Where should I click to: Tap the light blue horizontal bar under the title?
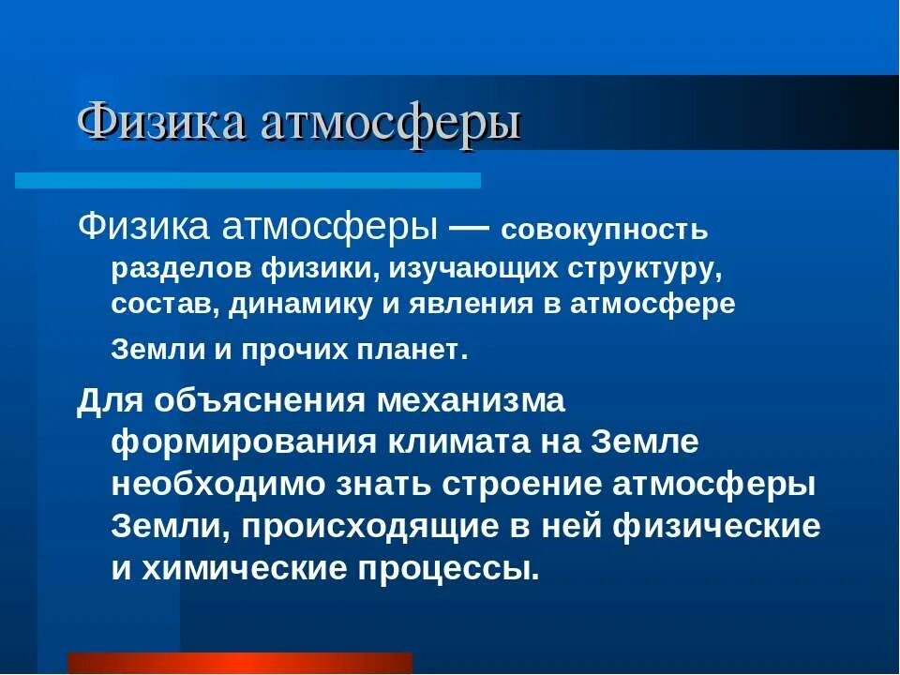click(x=248, y=180)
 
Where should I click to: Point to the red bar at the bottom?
click(x=239, y=663)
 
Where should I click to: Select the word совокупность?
click(x=606, y=231)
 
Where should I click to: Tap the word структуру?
click(x=643, y=269)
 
